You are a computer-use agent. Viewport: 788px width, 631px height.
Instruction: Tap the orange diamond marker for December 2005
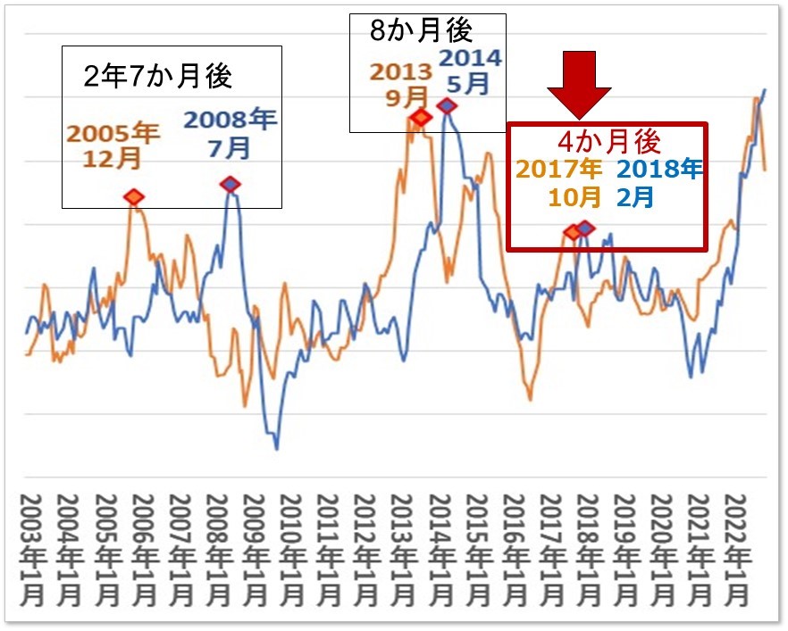tap(133, 196)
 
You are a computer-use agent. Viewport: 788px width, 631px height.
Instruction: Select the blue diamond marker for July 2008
tap(231, 184)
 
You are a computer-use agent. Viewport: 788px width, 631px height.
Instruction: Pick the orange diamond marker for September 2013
tap(420, 117)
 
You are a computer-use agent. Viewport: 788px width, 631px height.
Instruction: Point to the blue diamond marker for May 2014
tap(447, 106)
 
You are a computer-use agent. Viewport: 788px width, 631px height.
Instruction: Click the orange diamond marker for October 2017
tap(573, 232)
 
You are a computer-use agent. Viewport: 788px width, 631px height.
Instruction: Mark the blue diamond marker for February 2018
tap(585, 228)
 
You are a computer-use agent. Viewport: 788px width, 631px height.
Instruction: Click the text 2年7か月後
tap(157, 77)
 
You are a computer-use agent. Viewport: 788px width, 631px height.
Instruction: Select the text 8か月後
tap(421, 30)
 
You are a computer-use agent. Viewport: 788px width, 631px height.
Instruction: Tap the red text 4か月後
tap(608, 141)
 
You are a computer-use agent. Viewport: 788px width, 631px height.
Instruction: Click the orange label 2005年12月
tap(113, 146)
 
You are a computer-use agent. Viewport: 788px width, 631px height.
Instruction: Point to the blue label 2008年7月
tap(231, 134)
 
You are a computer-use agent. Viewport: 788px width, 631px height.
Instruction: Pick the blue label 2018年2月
tap(658, 182)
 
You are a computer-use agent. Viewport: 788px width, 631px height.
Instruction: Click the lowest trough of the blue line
tap(276, 447)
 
